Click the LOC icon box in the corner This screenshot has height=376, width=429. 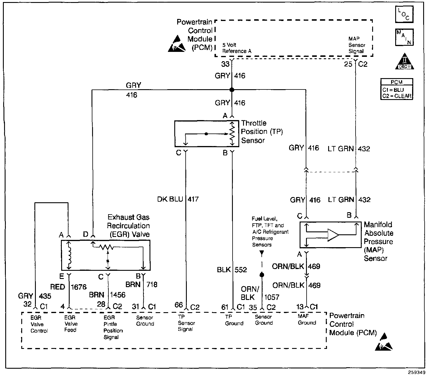[x=404, y=14]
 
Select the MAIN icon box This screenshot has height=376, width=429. [x=404, y=37]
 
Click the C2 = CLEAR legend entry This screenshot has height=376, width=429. [x=397, y=96]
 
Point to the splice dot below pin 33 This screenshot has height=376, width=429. [x=232, y=90]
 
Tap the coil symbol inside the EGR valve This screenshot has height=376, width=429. [x=69, y=255]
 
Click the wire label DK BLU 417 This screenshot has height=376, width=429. [x=178, y=199]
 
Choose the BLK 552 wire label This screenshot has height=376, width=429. [x=232, y=270]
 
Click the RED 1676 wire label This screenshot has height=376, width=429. [x=68, y=287]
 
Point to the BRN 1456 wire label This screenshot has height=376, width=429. [x=107, y=295]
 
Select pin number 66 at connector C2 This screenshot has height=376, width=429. [x=179, y=305]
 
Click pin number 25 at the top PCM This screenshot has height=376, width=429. [x=348, y=64]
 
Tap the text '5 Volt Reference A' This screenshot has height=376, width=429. [x=237, y=48]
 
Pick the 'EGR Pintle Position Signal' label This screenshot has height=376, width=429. [x=113, y=327]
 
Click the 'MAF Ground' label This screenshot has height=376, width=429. [x=307, y=319]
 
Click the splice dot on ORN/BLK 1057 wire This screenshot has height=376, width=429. [x=262, y=275]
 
